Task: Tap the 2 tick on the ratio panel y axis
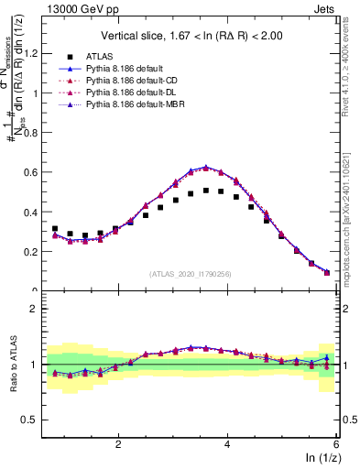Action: click(37, 309)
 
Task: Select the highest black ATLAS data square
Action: click(206, 191)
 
